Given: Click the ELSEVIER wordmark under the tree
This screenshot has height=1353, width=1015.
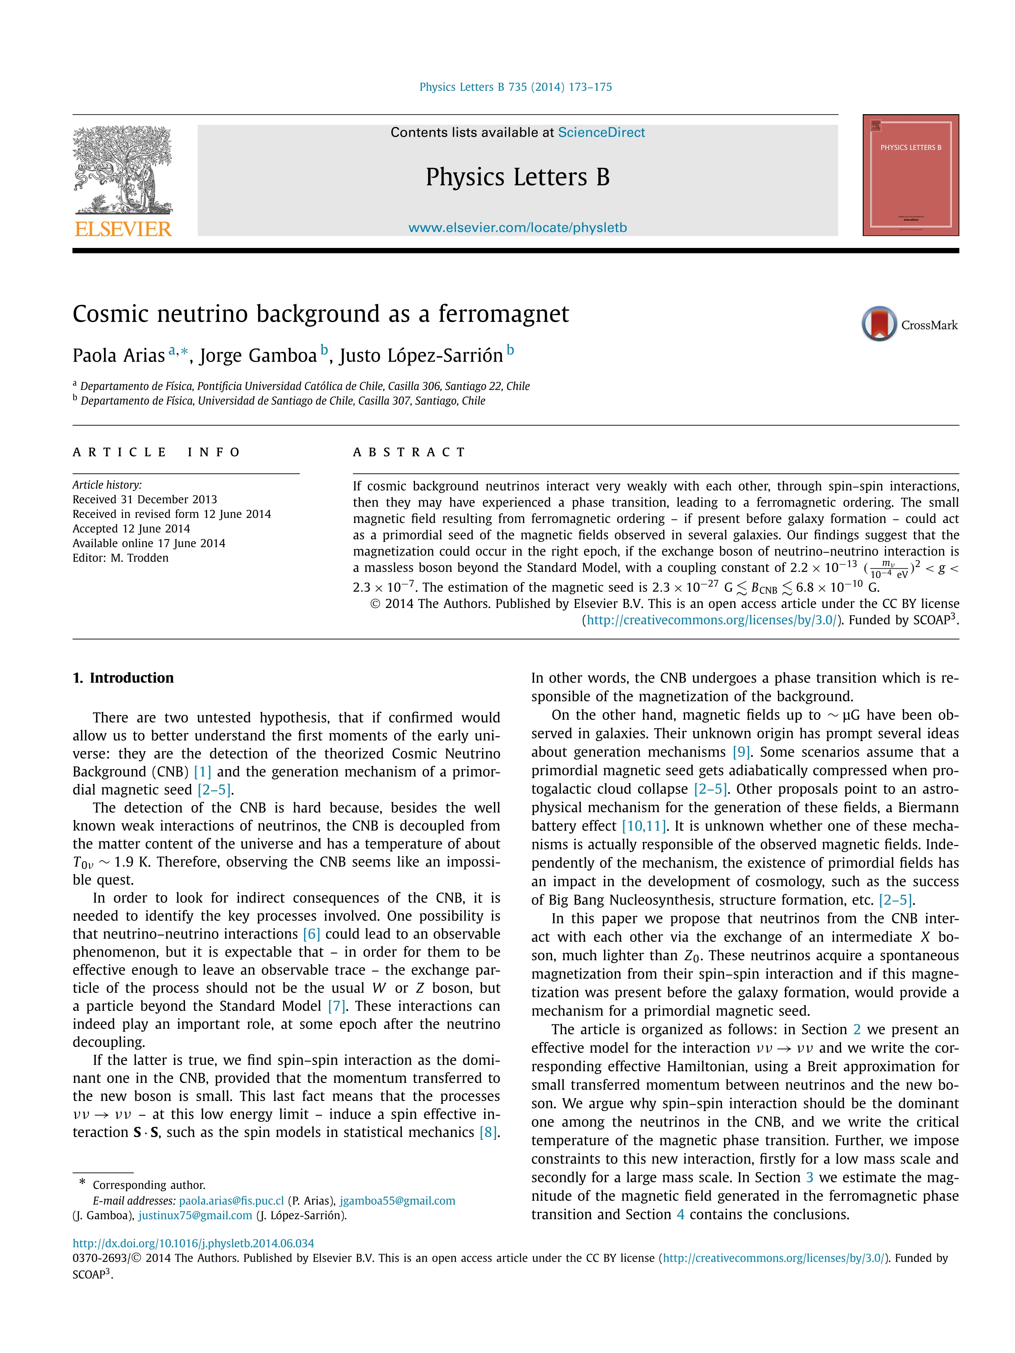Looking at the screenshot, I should click(123, 230).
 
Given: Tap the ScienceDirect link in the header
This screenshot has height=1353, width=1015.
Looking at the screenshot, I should click(601, 133).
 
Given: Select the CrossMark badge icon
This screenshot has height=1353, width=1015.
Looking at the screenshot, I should click(879, 324).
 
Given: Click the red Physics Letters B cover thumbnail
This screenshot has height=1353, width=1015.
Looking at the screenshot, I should click(910, 175).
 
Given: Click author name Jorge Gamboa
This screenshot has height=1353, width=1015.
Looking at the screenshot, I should click(257, 356).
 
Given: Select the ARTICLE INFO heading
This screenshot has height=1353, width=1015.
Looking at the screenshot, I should click(157, 452).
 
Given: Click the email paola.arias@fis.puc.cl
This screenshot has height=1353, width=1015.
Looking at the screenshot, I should click(231, 1201).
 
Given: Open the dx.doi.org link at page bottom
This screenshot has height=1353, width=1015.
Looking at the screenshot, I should click(193, 1243).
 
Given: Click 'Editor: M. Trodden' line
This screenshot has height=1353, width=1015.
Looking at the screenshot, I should click(120, 558).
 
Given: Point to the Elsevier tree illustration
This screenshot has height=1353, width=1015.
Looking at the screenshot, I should click(122, 168).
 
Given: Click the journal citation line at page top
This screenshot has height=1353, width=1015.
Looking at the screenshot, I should click(515, 87).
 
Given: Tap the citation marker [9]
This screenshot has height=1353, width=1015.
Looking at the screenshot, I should click(742, 752).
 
